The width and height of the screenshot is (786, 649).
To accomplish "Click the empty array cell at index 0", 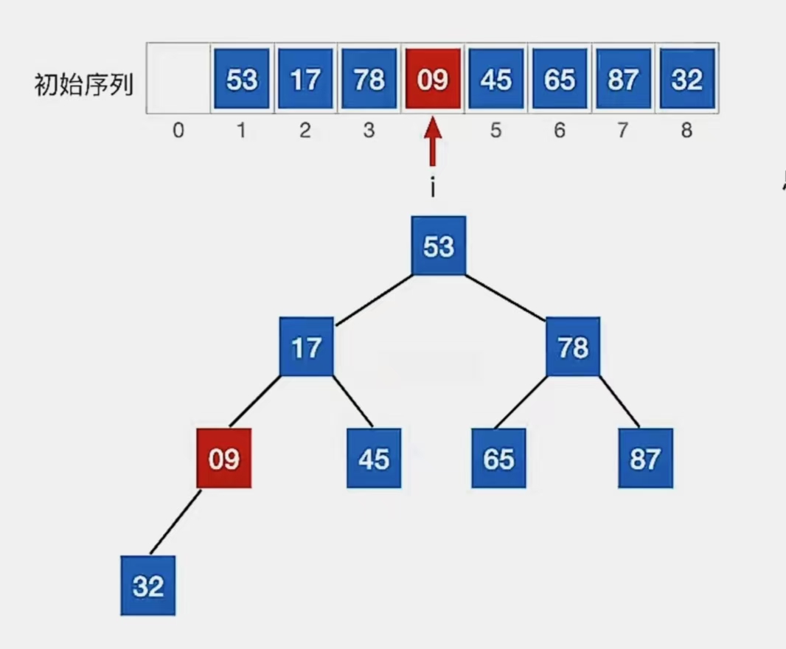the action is click(178, 78).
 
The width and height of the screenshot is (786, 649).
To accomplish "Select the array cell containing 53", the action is click(242, 78).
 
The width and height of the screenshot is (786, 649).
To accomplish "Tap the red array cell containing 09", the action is click(432, 78).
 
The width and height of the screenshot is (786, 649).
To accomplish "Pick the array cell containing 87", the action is click(623, 78).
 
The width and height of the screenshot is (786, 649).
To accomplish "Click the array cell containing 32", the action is click(686, 78).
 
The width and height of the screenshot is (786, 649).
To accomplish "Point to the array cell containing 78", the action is click(369, 78).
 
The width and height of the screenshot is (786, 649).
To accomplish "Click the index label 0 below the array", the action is click(178, 131).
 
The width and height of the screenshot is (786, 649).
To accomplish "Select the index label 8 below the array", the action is click(686, 131).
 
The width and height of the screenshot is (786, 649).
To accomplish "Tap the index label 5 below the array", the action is click(495, 131).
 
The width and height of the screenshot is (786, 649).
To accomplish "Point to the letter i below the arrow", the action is click(433, 188).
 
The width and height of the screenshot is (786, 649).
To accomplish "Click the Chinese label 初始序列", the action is click(84, 85).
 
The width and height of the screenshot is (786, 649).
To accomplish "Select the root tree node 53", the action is click(439, 246).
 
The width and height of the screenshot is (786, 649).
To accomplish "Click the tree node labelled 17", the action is click(306, 347).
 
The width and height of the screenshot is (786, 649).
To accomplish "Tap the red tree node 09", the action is click(224, 458).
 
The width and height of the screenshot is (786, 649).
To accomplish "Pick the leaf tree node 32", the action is click(148, 586).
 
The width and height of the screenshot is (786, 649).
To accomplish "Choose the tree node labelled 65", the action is click(499, 458).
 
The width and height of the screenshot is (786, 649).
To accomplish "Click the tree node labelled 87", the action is click(645, 458).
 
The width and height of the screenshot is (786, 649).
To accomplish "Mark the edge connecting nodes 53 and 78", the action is click(506, 296).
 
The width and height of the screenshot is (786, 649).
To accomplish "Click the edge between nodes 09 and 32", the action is click(175, 521).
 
